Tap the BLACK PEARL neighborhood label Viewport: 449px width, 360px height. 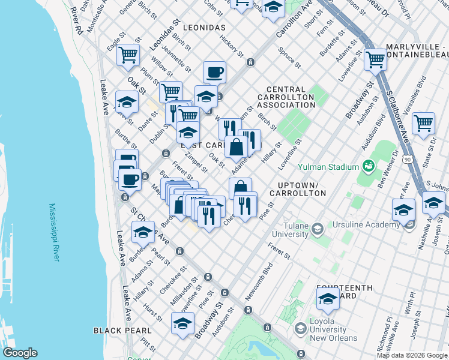117,331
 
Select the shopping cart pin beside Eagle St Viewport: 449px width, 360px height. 128,55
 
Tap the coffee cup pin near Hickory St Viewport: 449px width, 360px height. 214,73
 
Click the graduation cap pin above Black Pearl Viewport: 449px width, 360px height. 182,323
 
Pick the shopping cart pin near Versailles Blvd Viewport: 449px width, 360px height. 423,123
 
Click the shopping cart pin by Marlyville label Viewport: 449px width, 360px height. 375,59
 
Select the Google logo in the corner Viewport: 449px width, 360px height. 20,353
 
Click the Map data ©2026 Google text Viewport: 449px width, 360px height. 412,355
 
